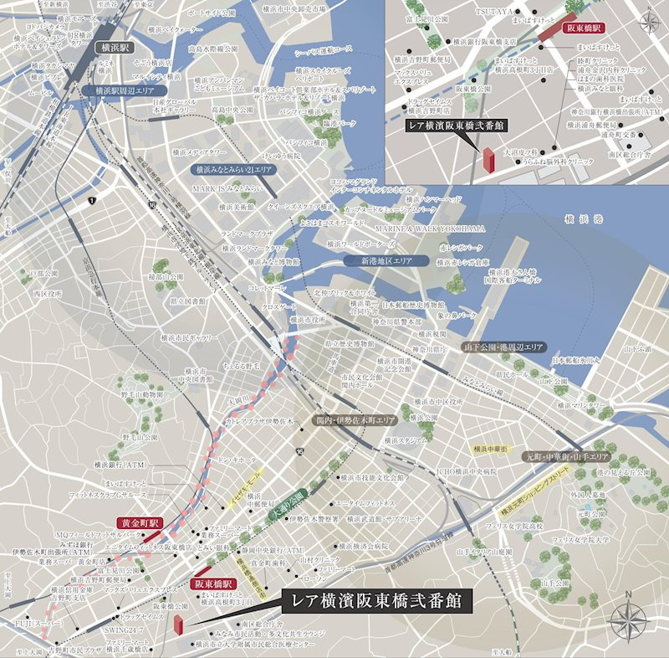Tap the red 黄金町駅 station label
pyautogui.click(x=137, y=522)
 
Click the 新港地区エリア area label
pyautogui.click(x=386, y=260)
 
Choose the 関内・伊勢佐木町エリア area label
pyautogui.click(x=355, y=419)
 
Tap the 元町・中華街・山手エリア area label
pyautogui.click(x=568, y=457)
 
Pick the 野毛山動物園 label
pyautogui.click(x=142, y=393)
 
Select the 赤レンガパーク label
pyautogui.click(x=460, y=249)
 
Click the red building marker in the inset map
pyautogui.click(x=488, y=162)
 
